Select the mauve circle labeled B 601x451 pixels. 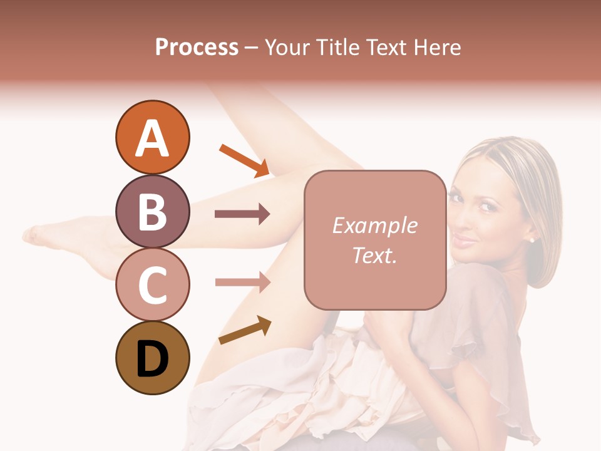[152, 212]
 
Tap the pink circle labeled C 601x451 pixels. [152, 285]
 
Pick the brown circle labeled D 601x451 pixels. [152, 358]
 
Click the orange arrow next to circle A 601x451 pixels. [244, 160]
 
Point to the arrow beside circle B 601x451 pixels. [242, 214]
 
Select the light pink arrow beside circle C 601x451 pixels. [242, 282]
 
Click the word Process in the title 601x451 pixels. [197, 47]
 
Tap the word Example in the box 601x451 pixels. [374, 225]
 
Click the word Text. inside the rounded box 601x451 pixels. [374, 255]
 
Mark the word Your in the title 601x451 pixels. [287, 47]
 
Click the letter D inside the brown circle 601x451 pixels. [152, 360]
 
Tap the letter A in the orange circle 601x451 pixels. [152, 138]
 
